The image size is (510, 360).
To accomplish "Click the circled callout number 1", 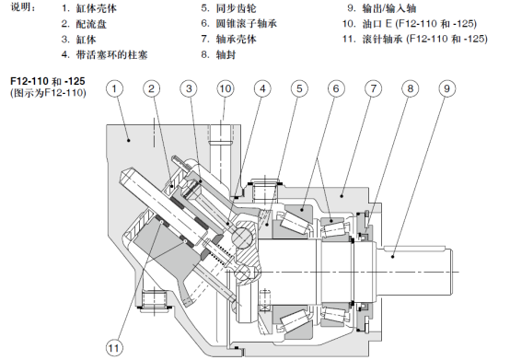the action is [x=114, y=88].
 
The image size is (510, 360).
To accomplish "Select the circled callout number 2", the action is [x=152, y=88].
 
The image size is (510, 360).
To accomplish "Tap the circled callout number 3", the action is [x=189, y=88].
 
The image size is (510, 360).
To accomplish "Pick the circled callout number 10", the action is [x=226, y=88].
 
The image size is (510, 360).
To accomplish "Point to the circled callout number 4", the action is [x=262, y=88].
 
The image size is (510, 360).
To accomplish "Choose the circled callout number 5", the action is [x=299, y=88].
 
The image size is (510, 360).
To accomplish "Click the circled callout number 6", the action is [x=336, y=88].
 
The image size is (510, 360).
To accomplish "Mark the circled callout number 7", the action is [x=373, y=88].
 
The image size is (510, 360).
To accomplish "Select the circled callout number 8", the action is [x=410, y=88].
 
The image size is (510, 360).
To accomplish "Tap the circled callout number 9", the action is [x=446, y=88].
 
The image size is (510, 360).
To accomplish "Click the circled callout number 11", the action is [x=114, y=348].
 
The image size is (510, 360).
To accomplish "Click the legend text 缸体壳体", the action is [x=97, y=8].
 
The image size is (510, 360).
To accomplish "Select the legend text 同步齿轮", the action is [x=237, y=8].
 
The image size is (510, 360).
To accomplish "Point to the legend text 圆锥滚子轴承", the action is [x=247, y=23].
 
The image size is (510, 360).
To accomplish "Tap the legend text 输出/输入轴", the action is [x=389, y=8].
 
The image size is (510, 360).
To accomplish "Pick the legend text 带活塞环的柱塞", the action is [x=112, y=54].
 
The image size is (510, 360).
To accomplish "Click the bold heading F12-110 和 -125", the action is [x=48, y=81].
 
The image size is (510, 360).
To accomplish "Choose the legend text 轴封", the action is [x=226, y=54].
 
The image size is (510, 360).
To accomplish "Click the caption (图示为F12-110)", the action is [x=49, y=93].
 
